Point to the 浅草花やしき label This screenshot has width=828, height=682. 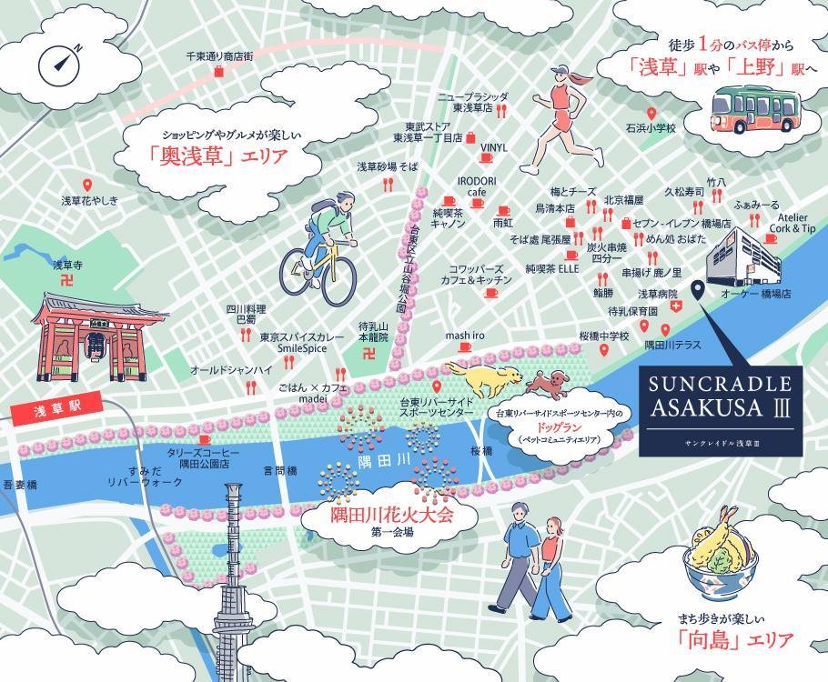click(x=89, y=199)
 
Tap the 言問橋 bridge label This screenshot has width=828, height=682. click(x=280, y=471)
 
